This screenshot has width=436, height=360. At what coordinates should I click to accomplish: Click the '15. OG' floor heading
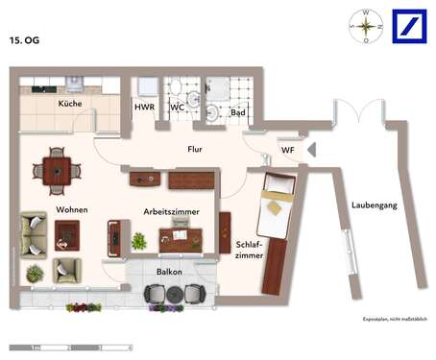27,41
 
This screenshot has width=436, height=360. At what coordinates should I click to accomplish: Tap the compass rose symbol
365,27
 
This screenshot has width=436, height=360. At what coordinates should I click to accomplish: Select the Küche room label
69,104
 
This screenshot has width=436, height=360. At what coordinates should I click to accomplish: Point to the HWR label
144,108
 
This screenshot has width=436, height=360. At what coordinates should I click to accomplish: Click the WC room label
177,108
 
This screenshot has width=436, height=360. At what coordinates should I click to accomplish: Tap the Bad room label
237,112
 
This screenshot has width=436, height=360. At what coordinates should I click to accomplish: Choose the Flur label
196,149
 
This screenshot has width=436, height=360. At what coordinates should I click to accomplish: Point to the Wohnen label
72,209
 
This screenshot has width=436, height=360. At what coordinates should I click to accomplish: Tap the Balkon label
170,272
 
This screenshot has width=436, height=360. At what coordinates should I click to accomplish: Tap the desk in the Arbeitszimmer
182,235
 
